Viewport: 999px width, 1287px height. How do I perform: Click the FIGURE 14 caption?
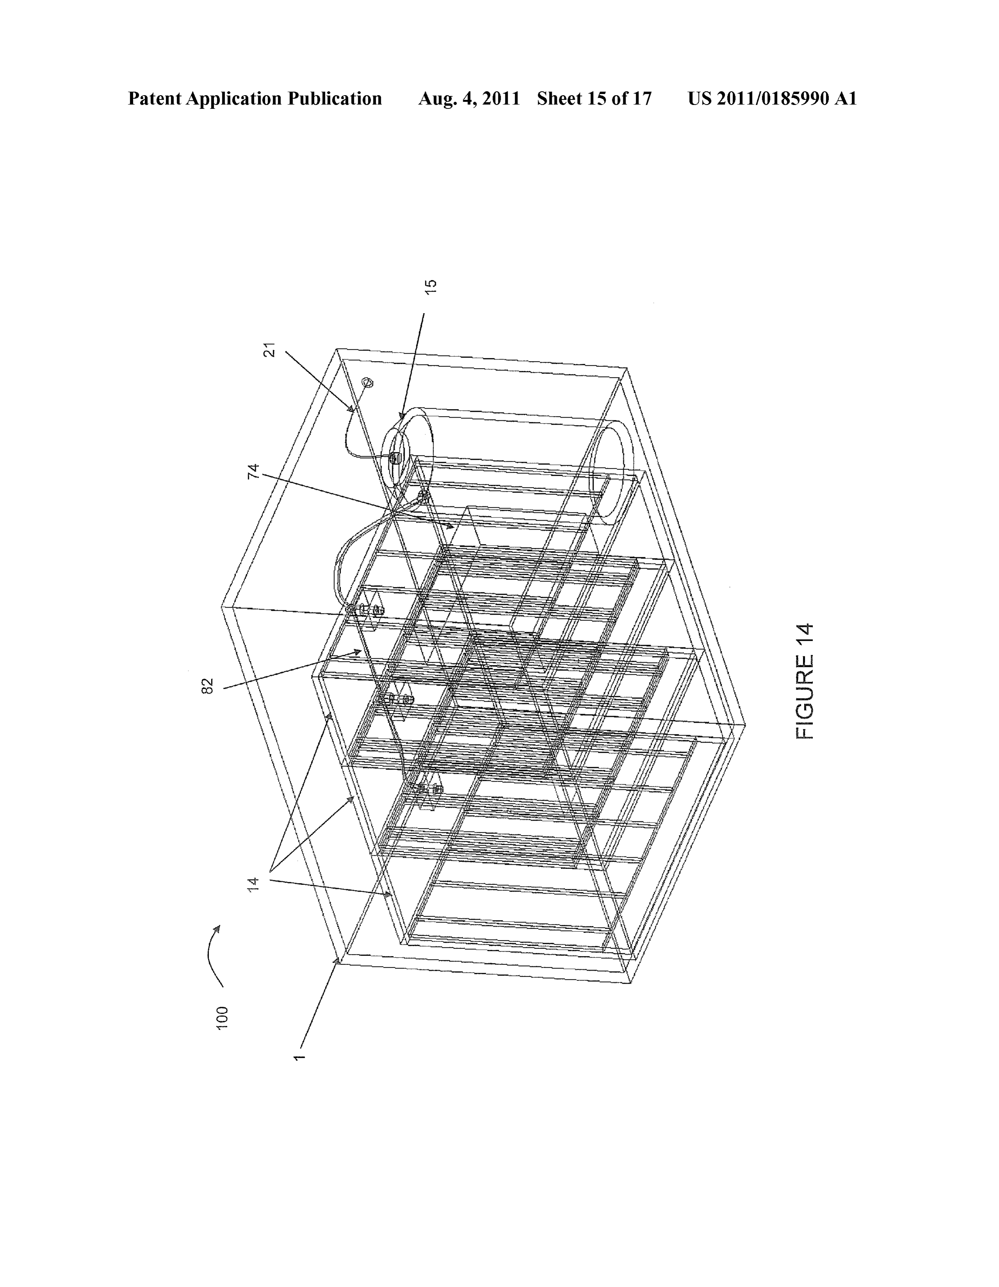[x=804, y=681]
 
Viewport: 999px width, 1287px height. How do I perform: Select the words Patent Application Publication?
[x=255, y=98]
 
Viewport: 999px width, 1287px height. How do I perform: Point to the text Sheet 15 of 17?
[x=594, y=98]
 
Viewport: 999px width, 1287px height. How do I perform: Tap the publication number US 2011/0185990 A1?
[x=772, y=98]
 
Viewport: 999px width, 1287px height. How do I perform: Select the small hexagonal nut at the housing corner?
[x=369, y=382]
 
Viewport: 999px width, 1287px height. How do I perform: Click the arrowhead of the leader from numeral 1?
[x=338, y=960]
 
